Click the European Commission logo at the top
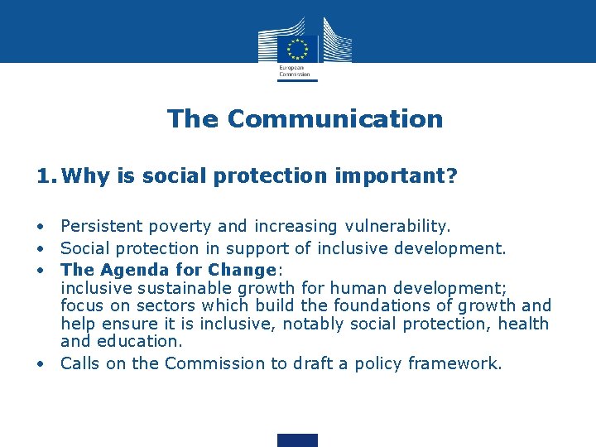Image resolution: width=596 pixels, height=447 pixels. (x=298, y=48)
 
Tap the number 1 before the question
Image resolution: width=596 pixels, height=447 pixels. (x=43, y=175)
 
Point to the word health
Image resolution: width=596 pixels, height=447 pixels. (x=523, y=324)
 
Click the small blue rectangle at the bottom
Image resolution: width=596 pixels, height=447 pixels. (x=297, y=440)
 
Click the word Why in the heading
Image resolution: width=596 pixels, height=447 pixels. (x=79, y=175)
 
